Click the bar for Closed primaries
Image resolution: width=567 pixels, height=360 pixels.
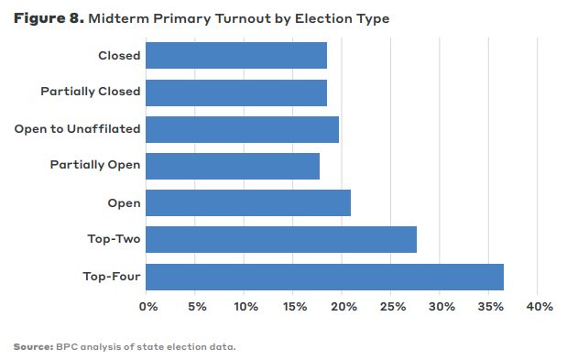(235, 56)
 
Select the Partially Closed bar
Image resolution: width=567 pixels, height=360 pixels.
(235, 93)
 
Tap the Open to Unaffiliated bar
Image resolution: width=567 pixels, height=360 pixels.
(242, 129)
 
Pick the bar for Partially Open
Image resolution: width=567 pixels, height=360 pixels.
(232, 166)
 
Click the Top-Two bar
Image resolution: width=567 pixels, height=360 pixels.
(280, 240)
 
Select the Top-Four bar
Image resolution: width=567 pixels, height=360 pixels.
(324, 277)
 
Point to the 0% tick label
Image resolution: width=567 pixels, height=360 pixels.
(148, 306)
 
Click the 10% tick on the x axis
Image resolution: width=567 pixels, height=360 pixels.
(245, 306)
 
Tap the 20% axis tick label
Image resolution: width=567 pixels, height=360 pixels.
(343, 306)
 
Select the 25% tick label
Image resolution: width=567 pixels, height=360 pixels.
(391, 306)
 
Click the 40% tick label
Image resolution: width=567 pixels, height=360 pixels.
(539, 306)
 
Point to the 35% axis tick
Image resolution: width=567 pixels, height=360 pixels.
(489, 306)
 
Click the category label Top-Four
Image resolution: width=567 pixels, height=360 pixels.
(111, 277)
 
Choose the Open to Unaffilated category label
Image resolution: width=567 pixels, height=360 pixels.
(77, 129)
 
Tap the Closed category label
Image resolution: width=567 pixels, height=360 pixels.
(119, 56)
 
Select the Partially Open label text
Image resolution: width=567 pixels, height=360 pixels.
(94, 166)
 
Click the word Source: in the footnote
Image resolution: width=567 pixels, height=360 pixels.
(33, 347)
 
